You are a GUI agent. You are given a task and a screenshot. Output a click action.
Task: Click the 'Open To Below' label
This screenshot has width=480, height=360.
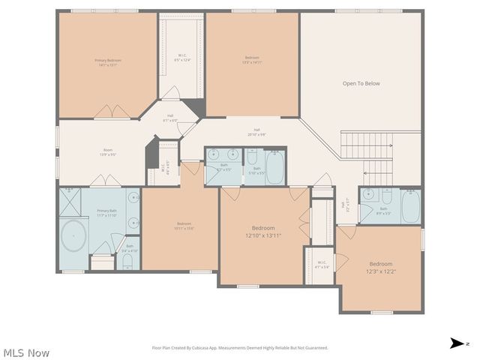click(x=361, y=83)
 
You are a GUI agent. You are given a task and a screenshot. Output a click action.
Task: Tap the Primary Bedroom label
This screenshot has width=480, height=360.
click(x=108, y=62)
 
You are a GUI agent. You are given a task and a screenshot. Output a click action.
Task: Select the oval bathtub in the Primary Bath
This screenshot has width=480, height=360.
click(x=73, y=235)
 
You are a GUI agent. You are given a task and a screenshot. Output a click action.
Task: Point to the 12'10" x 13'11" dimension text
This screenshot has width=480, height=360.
click(x=262, y=236)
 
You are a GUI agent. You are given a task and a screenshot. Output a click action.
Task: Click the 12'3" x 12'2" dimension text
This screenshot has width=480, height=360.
click(x=380, y=272)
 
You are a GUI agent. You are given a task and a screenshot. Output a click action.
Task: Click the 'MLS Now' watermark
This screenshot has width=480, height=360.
click(x=26, y=352)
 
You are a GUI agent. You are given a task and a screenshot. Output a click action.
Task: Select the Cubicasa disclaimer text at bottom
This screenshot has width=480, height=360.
click(x=240, y=347)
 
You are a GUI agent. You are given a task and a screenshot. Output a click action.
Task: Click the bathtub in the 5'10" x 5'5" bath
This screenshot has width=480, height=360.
click(x=274, y=167)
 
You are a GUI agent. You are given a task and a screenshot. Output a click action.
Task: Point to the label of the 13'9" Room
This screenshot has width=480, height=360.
click(x=107, y=154)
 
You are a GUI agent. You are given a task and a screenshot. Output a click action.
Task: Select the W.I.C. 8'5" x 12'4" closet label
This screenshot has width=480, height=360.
click(x=182, y=57)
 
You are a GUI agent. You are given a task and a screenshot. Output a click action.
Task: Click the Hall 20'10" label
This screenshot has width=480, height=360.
click(x=257, y=132)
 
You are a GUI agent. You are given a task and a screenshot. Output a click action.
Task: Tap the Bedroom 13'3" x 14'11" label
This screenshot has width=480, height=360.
click(x=252, y=60)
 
